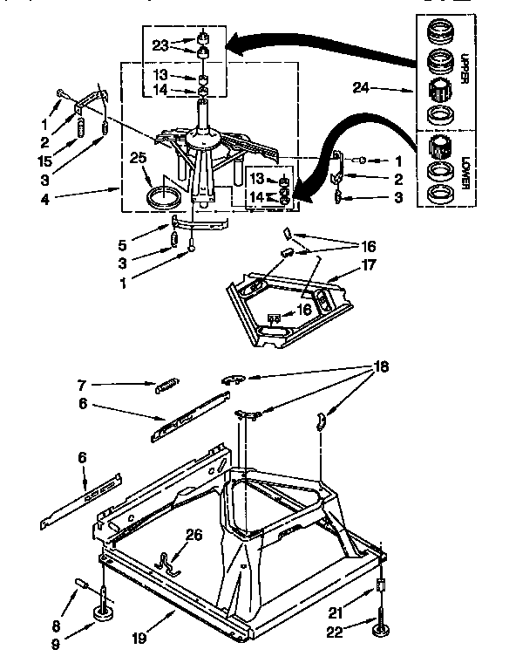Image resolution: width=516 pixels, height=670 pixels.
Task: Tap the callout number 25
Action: (x=137, y=158)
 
